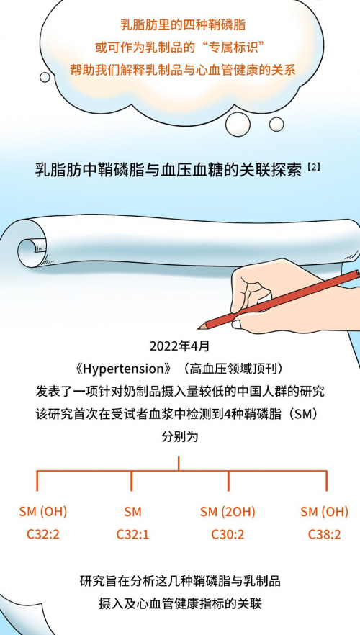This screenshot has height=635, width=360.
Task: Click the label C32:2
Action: click(x=43, y=534)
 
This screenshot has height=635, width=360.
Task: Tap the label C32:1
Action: click(x=132, y=534)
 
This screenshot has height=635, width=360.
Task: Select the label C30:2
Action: click(x=228, y=534)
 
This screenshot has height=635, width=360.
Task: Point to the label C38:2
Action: click(x=325, y=534)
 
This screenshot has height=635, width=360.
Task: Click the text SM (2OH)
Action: click(x=228, y=512)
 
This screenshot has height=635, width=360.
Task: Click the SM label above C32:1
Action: click(x=132, y=512)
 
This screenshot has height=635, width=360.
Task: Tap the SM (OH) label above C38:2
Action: click(x=325, y=512)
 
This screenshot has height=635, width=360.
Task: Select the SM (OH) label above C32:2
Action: click(x=43, y=512)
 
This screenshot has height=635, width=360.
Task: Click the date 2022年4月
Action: click(x=180, y=347)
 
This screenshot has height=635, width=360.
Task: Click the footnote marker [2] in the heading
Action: click(x=313, y=167)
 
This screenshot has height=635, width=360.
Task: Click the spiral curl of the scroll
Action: click(x=30, y=248)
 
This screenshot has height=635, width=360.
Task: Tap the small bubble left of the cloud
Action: click(x=45, y=77)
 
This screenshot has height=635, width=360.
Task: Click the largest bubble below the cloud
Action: click(x=239, y=123)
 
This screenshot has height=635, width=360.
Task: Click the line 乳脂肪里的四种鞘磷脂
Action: click(x=183, y=24)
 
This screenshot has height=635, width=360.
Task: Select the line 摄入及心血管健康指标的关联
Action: click(x=180, y=604)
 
